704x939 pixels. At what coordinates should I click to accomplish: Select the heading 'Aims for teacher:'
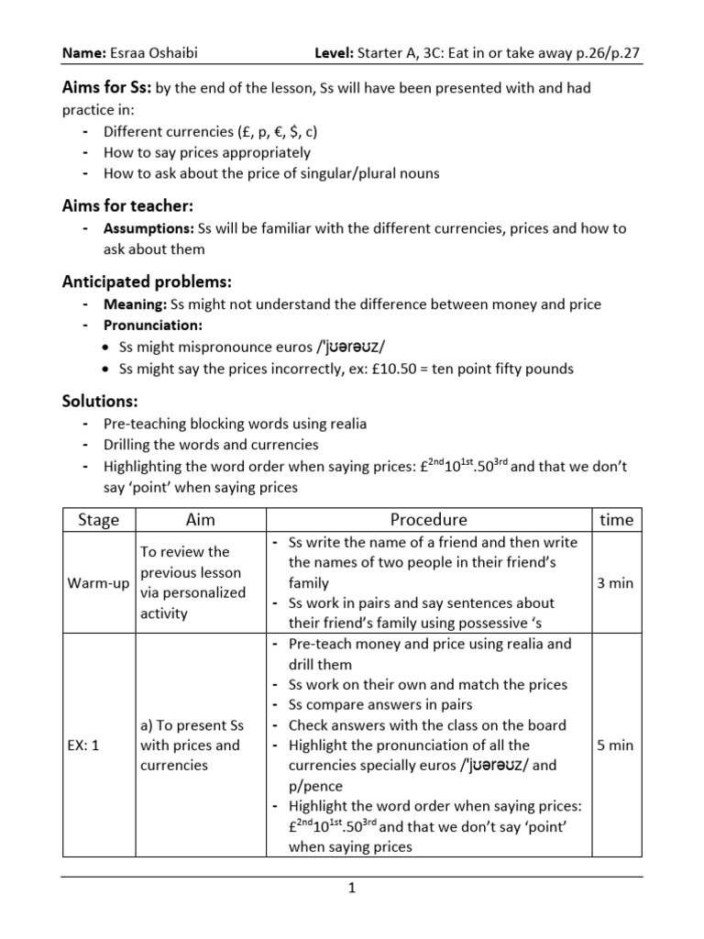click(127, 206)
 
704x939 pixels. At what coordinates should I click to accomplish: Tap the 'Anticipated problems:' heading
click(147, 281)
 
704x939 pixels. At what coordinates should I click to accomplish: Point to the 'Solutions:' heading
click(100, 401)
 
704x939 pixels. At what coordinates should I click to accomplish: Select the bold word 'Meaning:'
click(136, 304)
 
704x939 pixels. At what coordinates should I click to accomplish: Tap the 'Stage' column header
click(98, 520)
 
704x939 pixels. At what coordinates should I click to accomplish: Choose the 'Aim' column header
click(200, 520)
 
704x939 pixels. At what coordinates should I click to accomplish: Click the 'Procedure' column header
click(428, 520)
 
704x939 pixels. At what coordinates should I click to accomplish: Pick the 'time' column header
click(616, 520)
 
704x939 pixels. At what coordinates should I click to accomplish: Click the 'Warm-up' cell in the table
click(98, 583)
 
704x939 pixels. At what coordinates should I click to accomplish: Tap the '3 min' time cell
click(615, 583)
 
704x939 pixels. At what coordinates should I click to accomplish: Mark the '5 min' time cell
click(615, 746)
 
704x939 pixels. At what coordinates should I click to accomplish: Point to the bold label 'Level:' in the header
click(335, 54)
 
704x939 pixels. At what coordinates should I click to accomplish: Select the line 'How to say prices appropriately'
click(207, 152)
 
